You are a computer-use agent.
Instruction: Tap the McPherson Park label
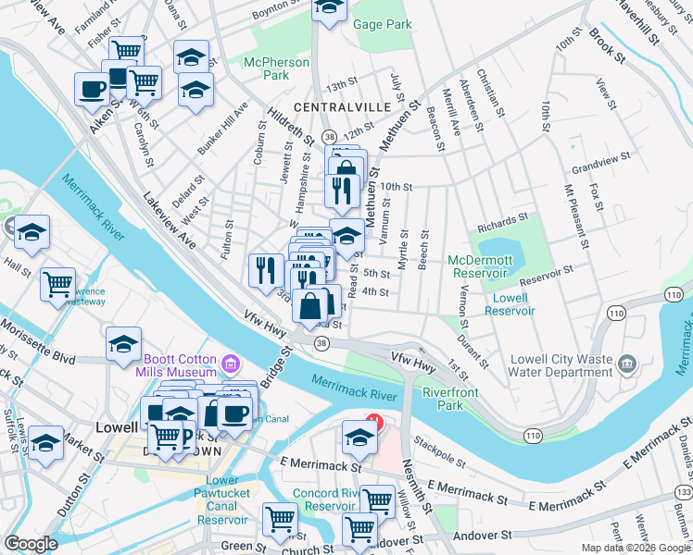(276, 69)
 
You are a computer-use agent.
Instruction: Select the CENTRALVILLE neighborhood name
(342, 107)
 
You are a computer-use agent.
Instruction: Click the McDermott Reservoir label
(481, 266)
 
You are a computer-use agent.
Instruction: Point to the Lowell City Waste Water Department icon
(629, 362)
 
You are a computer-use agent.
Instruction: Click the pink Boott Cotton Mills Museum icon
(231, 361)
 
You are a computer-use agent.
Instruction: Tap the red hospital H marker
(372, 422)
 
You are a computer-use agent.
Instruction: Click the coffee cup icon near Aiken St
(92, 89)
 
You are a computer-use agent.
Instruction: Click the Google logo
(31, 544)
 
